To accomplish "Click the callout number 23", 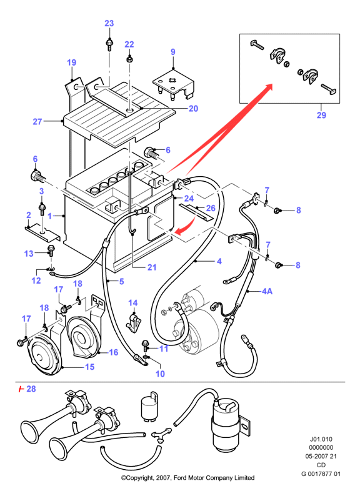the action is click(x=109, y=23).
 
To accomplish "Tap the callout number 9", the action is click(x=173, y=52).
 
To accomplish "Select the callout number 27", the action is click(x=37, y=121).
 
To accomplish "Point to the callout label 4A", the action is click(x=267, y=291).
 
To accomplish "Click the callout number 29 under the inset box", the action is click(x=321, y=115).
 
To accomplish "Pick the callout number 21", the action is click(x=152, y=267).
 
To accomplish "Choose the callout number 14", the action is click(x=133, y=303).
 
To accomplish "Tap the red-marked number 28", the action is click(x=31, y=389).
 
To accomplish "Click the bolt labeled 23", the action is click(x=109, y=44).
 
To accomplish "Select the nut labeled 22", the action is click(x=129, y=59).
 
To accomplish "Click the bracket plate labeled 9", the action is click(x=174, y=86).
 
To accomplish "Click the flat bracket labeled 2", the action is click(x=42, y=233).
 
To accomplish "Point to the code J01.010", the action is click(x=321, y=439).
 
